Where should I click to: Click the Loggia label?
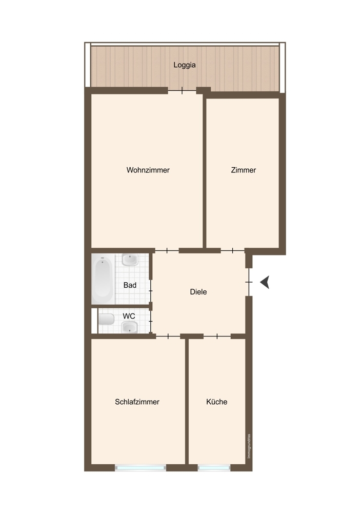(185, 65)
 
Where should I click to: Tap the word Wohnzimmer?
(148, 170)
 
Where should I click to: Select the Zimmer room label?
(243, 170)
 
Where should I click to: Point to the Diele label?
(198, 292)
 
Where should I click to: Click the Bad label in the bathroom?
(130, 285)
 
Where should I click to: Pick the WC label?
(129, 317)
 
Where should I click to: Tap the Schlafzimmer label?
(137, 402)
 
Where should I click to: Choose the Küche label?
(217, 402)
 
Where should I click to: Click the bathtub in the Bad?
(103, 279)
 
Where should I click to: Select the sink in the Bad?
(130, 260)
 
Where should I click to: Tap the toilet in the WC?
(106, 319)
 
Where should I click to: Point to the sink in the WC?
(130, 326)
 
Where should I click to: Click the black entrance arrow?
(265, 282)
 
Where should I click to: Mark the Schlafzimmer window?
(140, 468)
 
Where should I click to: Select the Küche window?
(214, 468)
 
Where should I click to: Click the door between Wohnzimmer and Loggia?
(182, 90)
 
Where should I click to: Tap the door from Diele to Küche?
(217, 336)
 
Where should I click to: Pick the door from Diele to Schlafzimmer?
(168, 336)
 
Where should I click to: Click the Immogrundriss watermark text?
(249, 446)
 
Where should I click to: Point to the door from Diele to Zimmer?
(232, 251)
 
